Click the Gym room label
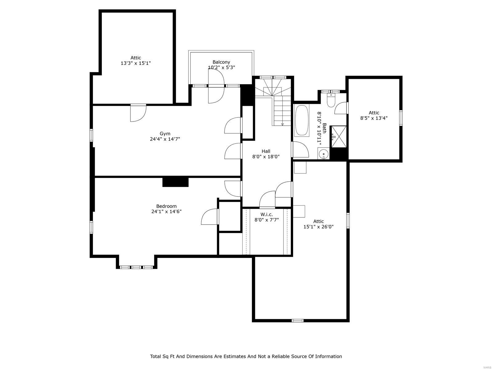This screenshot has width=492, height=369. point(165,133)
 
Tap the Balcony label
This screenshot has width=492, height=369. point(221,62)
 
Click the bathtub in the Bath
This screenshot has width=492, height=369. point(302,121)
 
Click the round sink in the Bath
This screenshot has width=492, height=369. point(323,153)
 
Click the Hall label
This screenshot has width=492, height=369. point(266,151)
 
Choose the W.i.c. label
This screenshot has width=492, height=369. point(266,214)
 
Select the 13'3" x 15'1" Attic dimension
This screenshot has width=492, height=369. point(136,63)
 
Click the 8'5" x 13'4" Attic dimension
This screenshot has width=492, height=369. point(374,118)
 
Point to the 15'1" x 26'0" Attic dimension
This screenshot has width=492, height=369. point(319,227)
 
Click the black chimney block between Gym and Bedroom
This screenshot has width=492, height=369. point(175,182)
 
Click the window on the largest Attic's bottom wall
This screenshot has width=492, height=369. point(297,320)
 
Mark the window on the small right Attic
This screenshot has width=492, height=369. point(401,118)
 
